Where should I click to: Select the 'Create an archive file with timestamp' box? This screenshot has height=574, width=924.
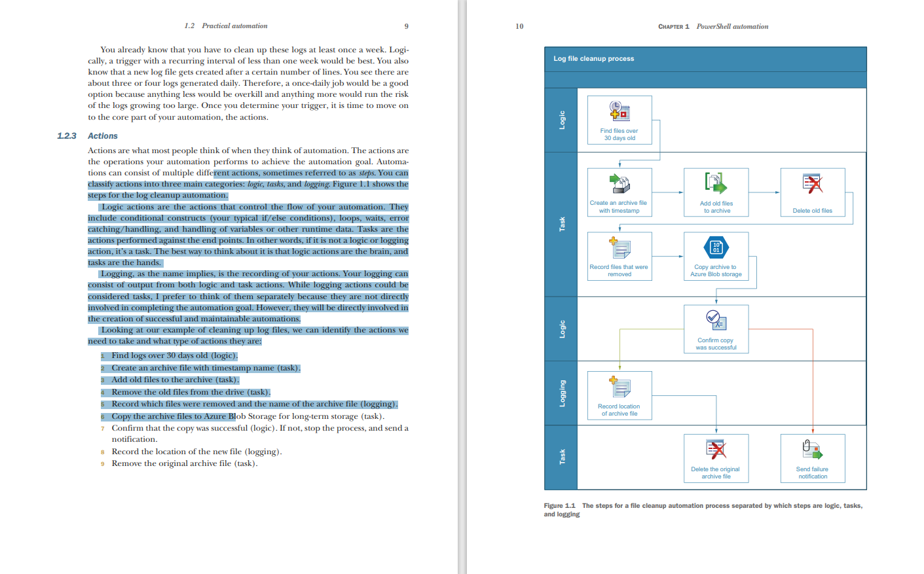tap(619, 192)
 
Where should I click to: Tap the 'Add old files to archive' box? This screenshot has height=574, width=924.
tap(716, 192)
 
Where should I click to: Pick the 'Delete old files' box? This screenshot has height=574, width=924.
tap(813, 192)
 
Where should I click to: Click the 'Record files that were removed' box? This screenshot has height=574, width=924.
tap(619, 257)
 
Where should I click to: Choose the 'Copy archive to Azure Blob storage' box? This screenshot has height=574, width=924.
tap(716, 257)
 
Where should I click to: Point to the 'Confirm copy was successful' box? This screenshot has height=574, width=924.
tap(716, 329)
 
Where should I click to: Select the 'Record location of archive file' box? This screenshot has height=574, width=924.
tap(619, 395)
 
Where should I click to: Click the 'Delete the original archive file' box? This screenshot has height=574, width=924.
tap(716, 458)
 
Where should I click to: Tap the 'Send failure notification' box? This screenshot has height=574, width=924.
tap(813, 458)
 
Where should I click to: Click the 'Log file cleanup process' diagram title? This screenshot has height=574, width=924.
tap(594, 59)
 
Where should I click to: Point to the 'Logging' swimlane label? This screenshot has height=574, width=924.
tap(562, 393)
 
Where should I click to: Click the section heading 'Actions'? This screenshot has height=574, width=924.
tap(103, 136)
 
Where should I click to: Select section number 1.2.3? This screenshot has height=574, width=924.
tap(67, 136)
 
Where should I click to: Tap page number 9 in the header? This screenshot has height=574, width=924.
tap(407, 26)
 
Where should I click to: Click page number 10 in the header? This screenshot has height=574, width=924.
tap(519, 26)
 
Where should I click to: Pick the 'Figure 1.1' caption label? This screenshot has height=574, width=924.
tap(559, 506)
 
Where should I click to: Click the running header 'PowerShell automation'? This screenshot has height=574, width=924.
tap(732, 26)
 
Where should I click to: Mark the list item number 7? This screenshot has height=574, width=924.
tap(103, 429)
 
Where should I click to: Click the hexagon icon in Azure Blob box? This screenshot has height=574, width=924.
tap(716, 247)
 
